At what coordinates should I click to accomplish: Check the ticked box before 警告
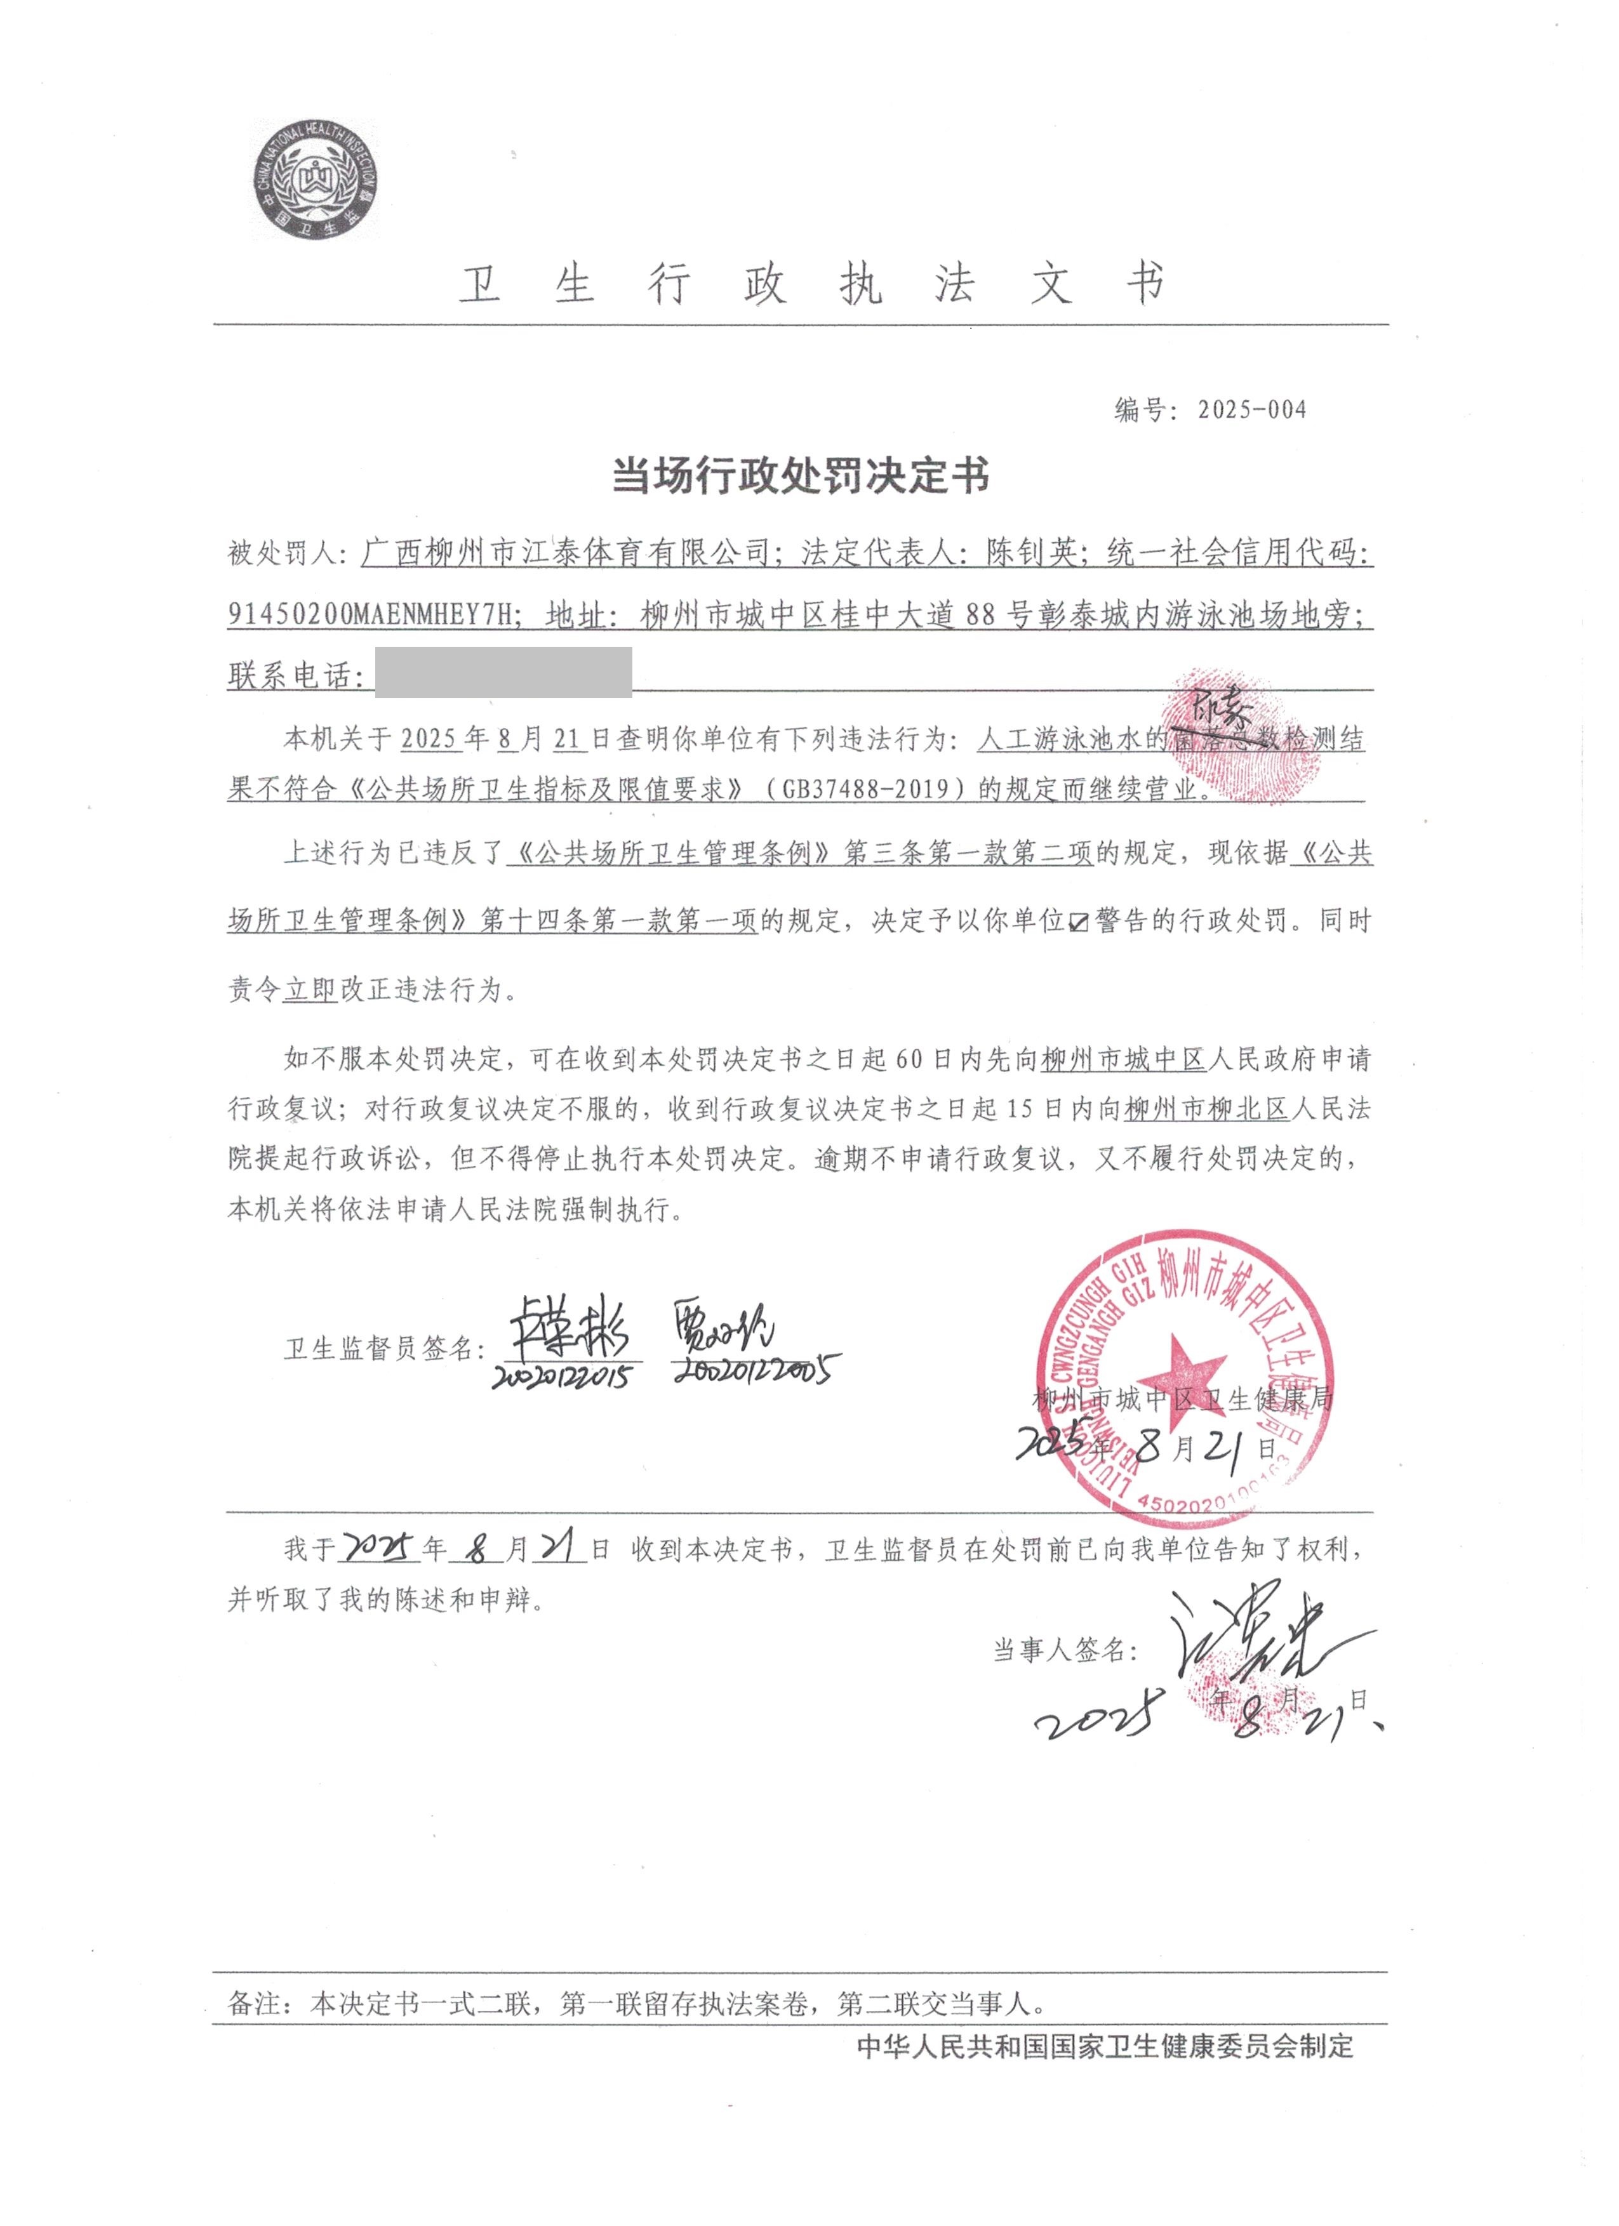click(1078, 922)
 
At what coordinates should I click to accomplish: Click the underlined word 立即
click(310, 990)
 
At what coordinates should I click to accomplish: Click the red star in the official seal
click(1185, 1371)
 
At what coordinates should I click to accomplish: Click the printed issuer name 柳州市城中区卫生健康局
click(1182, 1398)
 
